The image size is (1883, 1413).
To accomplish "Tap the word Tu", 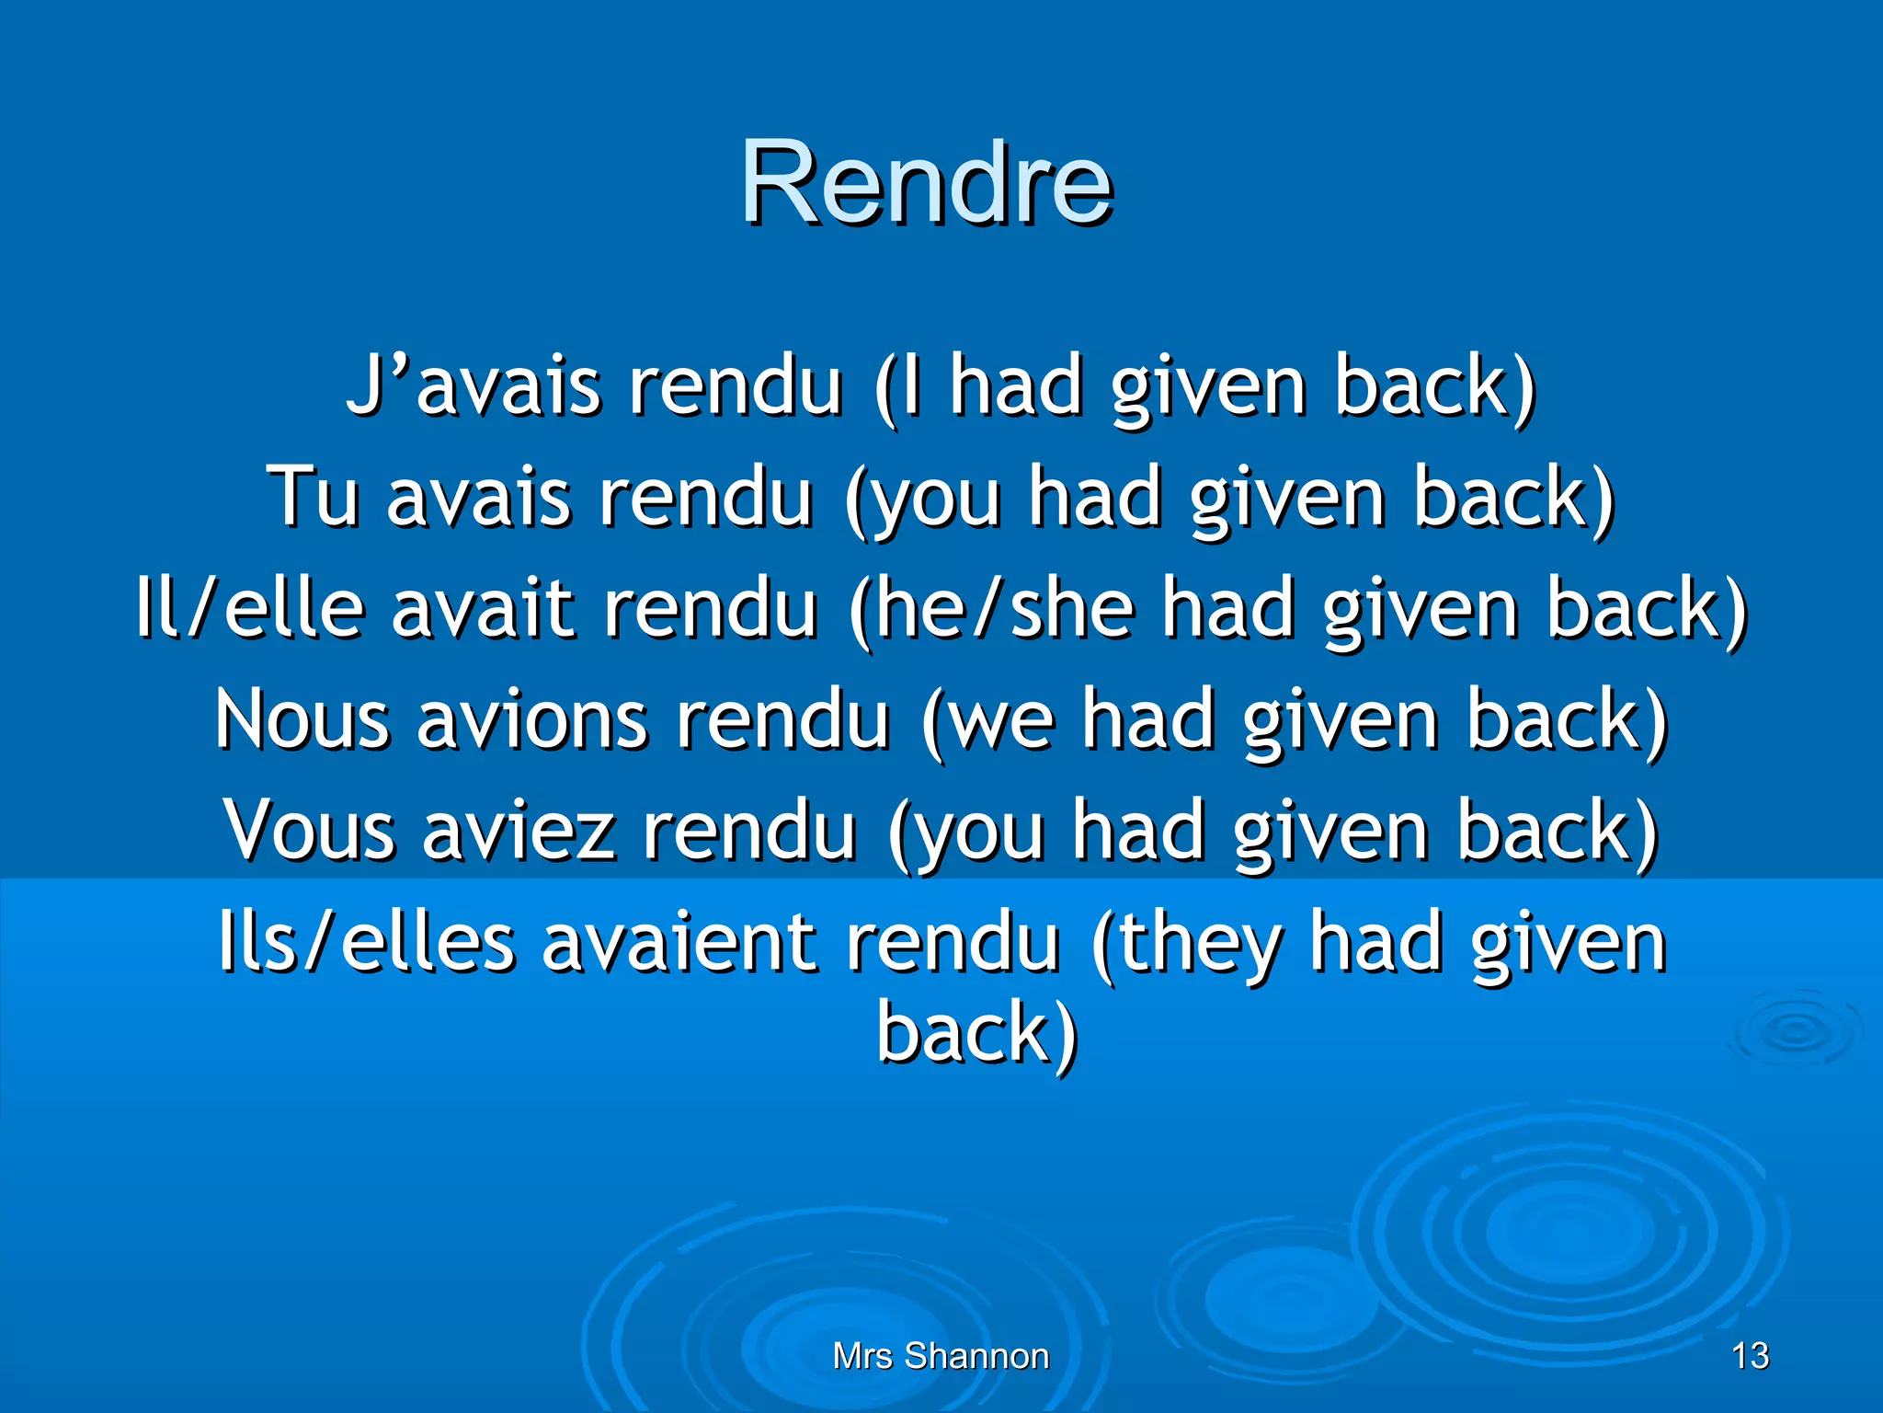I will click(313, 498).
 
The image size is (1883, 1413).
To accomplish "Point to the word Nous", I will click(302, 720).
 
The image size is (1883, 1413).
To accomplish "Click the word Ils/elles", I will click(366, 943).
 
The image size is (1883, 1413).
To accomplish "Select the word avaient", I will click(679, 943).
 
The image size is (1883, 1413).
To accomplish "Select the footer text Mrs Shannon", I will click(941, 1356).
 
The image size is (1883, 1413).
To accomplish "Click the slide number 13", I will click(1750, 1356).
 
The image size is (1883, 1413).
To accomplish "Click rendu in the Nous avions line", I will click(783, 720).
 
